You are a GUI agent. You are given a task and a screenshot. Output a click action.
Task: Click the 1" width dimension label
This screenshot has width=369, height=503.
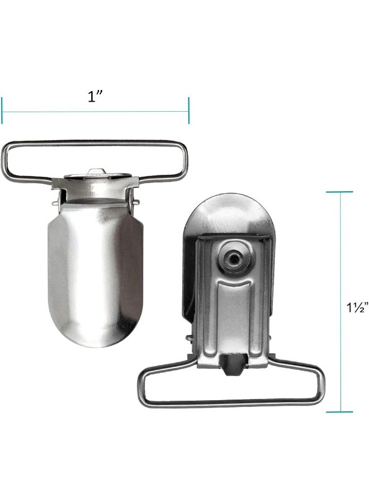(94, 96)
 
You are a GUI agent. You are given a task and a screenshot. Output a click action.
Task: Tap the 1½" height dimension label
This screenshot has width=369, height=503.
(357, 307)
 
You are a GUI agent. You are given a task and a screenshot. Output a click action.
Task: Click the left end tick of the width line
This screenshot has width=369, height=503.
(2, 110)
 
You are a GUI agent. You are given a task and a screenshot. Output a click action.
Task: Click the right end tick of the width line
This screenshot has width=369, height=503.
(188, 110)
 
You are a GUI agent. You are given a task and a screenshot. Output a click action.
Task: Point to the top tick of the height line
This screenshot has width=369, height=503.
(339, 192)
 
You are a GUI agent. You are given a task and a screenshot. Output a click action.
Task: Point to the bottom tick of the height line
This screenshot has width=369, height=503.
(339, 412)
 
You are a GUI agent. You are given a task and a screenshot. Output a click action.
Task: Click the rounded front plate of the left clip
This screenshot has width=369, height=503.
(95, 273)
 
